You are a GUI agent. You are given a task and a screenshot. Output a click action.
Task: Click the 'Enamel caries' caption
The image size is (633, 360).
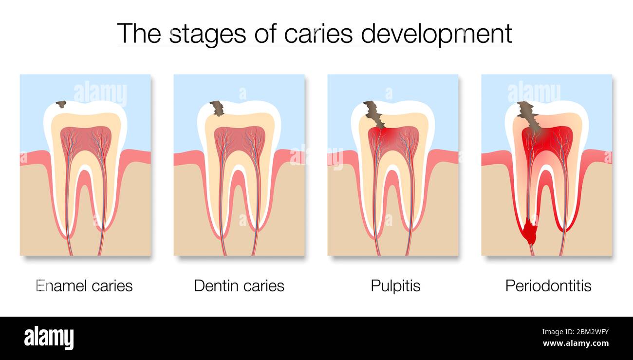[85, 285]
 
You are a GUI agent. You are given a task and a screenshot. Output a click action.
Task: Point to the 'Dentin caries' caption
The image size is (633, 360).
[239, 285]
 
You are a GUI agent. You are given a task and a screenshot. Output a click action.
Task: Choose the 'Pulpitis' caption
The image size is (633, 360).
[395, 285]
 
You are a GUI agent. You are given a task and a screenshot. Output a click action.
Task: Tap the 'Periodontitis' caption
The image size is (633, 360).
[548, 285]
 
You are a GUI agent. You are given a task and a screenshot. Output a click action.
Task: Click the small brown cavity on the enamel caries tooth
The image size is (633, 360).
[61, 104]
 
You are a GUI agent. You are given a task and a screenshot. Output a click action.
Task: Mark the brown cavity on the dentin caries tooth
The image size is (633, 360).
[218, 108]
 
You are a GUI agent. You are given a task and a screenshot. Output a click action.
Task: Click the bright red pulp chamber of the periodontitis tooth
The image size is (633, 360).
[547, 139]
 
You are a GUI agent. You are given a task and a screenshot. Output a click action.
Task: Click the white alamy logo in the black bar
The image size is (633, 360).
[49, 338]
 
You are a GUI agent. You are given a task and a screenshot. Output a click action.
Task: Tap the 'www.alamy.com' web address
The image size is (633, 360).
[576, 343]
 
